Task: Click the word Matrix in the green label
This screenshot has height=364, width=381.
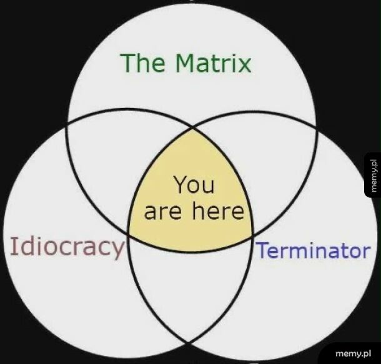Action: pyautogui.click(x=213, y=63)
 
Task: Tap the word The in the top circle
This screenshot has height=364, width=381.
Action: pyautogui.click(x=146, y=63)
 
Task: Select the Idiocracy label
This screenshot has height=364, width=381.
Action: pyautogui.click(x=67, y=247)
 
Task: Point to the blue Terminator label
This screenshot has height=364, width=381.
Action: pyautogui.click(x=312, y=251)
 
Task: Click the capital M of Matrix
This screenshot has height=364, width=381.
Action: pyautogui.click(x=187, y=63)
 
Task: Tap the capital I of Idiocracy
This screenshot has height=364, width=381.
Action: pyautogui.click(x=13, y=247)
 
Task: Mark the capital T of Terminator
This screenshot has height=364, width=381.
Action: pyautogui.click(x=262, y=251)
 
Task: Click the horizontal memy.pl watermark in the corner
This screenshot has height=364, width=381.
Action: pyautogui.click(x=354, y=350)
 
